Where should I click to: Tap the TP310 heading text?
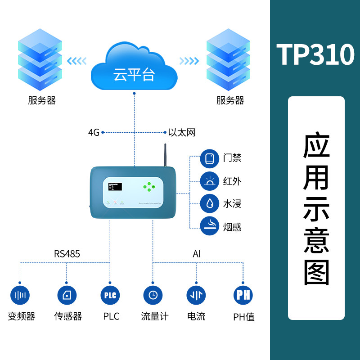315,55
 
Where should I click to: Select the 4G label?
93,133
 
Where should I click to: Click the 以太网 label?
182,133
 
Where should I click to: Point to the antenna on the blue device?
165,155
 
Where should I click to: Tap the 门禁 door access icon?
209,158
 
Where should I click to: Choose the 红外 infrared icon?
209,181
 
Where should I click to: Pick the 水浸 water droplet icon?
209,204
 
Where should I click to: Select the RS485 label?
67,254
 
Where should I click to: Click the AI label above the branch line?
197,254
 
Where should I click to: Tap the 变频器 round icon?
20,295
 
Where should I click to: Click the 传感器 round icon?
67,295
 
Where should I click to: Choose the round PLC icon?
110,295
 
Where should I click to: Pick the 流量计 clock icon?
153,295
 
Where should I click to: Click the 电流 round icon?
196,295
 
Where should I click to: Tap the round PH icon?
243,295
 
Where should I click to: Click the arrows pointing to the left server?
76,61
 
